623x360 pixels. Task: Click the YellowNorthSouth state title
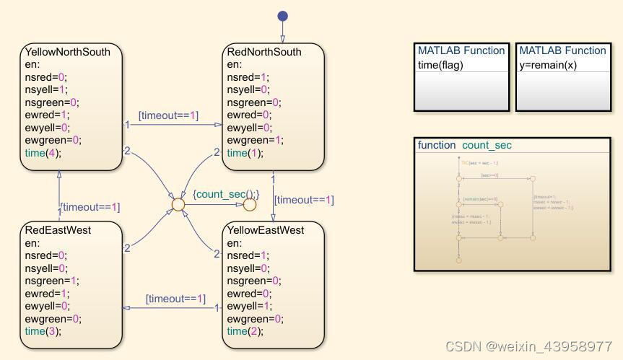pyautogui.click(x=68, y=53)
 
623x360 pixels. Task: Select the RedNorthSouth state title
pyautogui.click(x=264, y=53)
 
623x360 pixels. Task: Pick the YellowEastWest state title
pyautogui.click(x=265, y=230)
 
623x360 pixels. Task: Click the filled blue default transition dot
pyautogui.click(x=282, y=17)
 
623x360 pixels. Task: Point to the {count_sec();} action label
pyautogui.click(x=226, y=193)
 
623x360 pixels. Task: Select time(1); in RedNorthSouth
pyautogui.click(x=245, y=153)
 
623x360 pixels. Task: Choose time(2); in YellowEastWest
pyautogui.click(x=245, y=331)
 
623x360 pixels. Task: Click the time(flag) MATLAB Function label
pyautogui.click(x=440, y=65)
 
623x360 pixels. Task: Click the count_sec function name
pyautogui.click(x=487, y=145)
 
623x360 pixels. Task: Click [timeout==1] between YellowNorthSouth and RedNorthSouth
pyautogui.click(x=169, y=115)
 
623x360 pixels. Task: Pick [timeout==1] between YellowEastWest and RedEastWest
pyautogui.click(x=175, y=299)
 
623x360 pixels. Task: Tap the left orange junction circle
pyautogui.click(x=178, y=205)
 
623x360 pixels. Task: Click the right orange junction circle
pyautogui.click(x=249, y=205)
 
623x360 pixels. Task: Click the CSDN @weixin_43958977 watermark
pyautogui.click(x=528, y=347)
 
